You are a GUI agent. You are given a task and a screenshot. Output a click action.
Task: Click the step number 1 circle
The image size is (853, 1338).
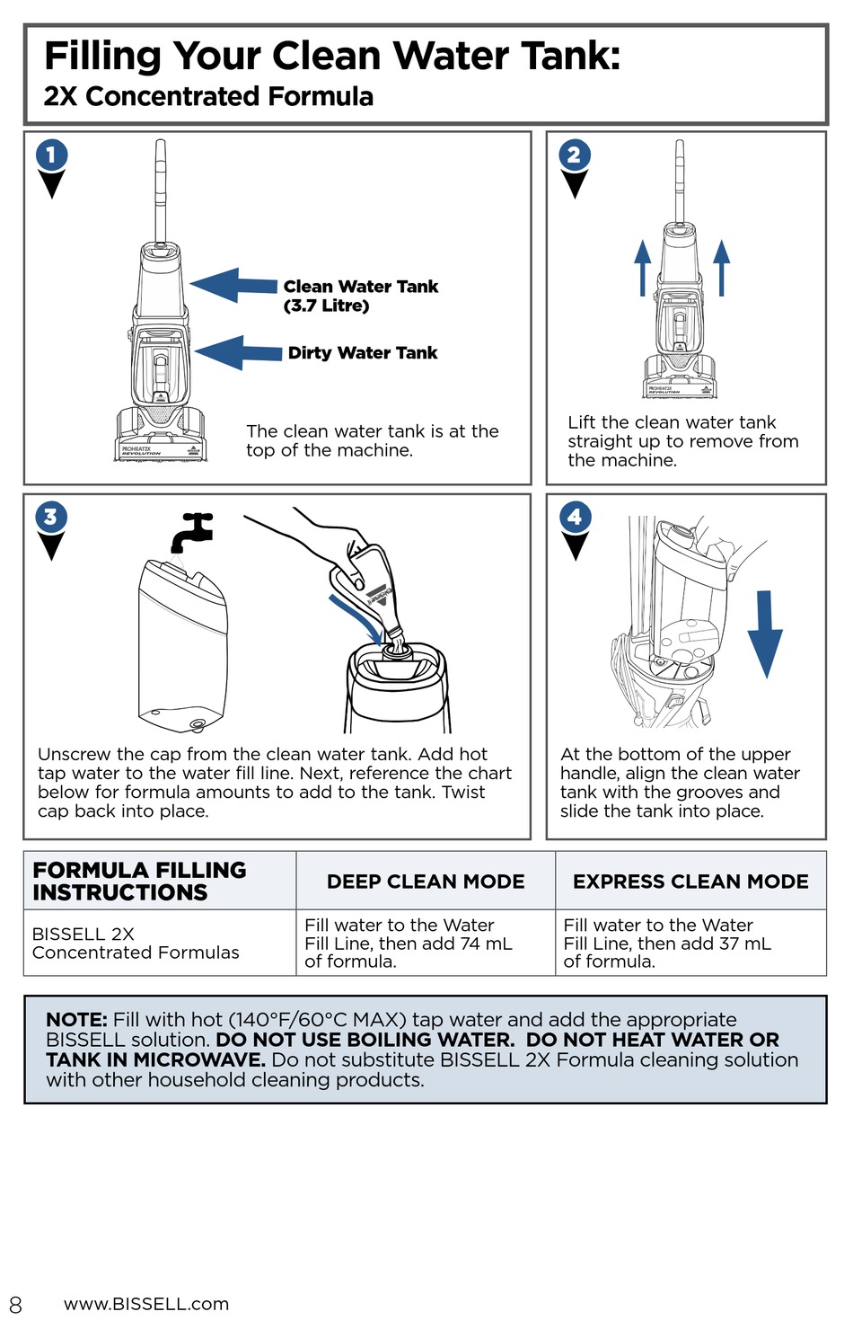click(x=51, y=155)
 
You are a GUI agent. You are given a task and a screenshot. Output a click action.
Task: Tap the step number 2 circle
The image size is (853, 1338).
click(x=575, y=155)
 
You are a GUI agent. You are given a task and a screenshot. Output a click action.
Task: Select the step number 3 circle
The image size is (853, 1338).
click(x=51, y=517)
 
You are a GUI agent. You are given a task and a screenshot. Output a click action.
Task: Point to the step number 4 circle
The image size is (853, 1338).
click(x=575, y=517)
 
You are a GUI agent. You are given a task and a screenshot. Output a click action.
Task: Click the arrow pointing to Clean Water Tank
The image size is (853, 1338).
click(x=233, y=286)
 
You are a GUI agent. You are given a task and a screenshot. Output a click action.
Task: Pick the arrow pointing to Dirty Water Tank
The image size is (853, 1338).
click(x=238, y=352)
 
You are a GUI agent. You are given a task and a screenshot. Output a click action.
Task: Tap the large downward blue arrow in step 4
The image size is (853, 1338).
click(x=765, y=634)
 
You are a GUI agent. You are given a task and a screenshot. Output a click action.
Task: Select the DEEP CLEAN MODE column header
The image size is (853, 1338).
click(x=426, y=882)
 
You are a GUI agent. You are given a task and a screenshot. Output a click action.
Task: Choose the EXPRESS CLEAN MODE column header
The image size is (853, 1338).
click(x=690, y=882)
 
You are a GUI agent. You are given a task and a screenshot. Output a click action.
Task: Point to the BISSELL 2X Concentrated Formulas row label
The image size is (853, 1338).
click(x=136, y=943)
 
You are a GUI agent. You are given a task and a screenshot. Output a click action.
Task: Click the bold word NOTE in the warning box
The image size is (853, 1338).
click(x=76, y=1020)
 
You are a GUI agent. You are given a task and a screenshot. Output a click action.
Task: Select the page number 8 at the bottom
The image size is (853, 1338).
click(x=15, y=1305)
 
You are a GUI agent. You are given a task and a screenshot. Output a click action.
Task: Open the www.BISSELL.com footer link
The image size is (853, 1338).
click(x=146, y=1304)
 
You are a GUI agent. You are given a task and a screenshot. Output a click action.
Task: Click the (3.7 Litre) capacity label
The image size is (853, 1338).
click(x=326, y=306)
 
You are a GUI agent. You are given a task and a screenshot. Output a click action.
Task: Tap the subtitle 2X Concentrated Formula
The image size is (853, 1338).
click(x=208, y=96)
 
